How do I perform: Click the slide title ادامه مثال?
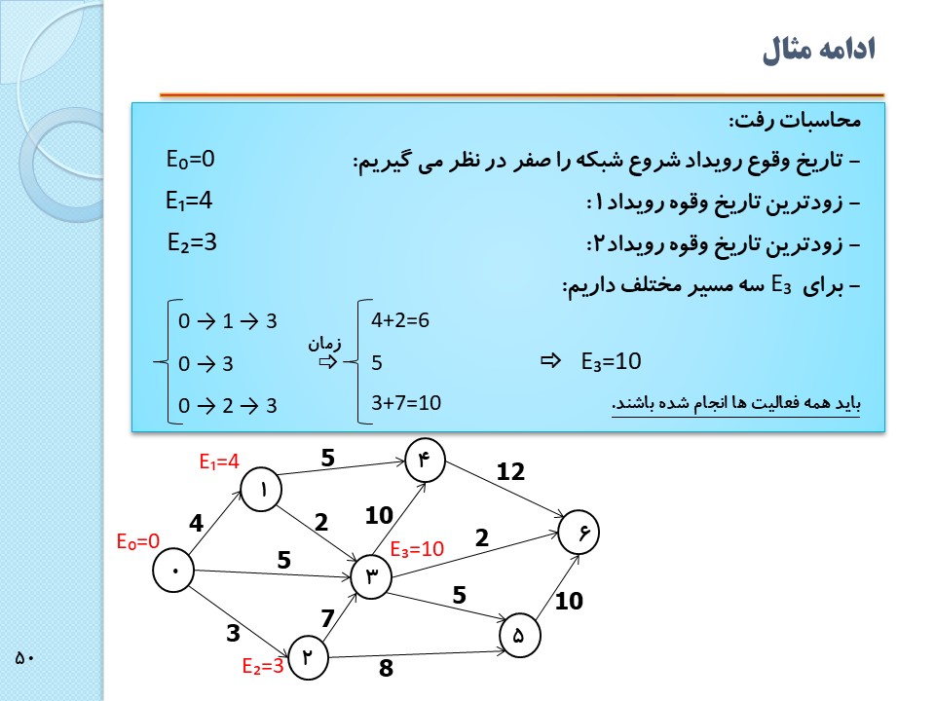(x=819, y=50)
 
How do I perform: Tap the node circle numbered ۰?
(x=175, y=571)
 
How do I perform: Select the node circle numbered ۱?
(x=262, y=492)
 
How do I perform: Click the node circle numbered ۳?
(x=370, y=576)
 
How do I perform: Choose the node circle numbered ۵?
(x=518, y=636)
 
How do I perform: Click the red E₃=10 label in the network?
(x=417, y=549)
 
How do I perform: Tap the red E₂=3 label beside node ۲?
(x=262, y=667)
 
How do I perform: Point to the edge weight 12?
(x=510, y=472)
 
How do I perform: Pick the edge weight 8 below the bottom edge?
(x=386, y=669)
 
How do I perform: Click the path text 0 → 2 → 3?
(x=228, y=406)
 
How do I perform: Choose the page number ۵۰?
(x=25, y=658)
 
